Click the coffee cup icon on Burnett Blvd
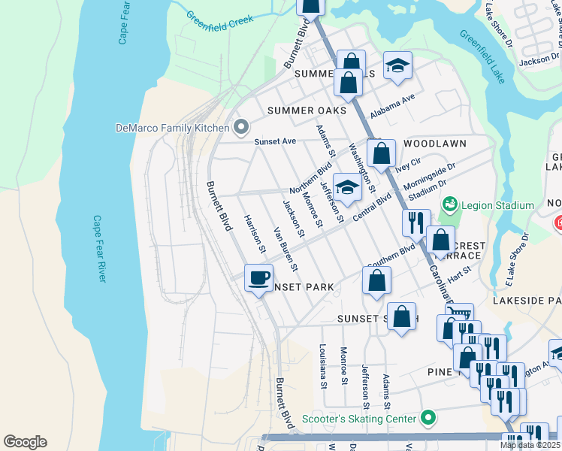click(258, 277)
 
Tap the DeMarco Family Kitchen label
click(171, 127)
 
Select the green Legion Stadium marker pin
click(449, 203)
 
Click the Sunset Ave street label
click(276, 141)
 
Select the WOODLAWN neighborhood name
click(435, 143)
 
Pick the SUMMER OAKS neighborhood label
click(307, 110)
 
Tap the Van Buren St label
click(286, 249)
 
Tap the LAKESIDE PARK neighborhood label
click(527, 300)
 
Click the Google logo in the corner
click(25, 441)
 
